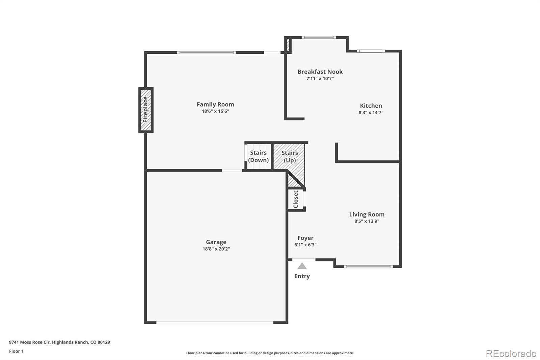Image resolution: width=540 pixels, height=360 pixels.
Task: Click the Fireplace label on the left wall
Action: (x=145, y=110)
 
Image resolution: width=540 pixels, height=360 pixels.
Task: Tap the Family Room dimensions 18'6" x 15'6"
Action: (x=215, y=111)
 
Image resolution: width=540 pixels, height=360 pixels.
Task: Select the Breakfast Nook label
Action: (x=320, y=72)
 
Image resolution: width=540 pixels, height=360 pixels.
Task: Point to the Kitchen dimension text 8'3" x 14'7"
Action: (x=371, y=113)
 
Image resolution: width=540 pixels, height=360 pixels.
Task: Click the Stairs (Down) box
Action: (x=259, y=156)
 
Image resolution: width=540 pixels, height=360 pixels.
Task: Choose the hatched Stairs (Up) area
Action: (x=290, y=156)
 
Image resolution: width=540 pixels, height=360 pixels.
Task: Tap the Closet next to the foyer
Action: (x=296, y=199)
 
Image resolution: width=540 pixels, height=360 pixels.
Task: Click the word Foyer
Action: (x=305, y=238)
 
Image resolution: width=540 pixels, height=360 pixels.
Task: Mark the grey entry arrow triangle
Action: (x=302, y=266)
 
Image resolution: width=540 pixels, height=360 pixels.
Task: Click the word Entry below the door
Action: (x=302, y=276)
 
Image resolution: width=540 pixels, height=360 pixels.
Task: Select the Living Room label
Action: (x=367, y=214)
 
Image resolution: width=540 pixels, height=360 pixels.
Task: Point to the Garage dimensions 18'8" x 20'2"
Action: (x=216, y=249)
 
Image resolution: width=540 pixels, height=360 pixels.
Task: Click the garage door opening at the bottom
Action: (x=215, y=323)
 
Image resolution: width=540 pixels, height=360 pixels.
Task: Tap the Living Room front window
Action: (x=368, y=267)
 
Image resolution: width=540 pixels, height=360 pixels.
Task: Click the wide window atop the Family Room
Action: (x=206, y=52)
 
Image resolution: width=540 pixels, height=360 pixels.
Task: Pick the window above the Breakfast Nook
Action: (x=319, y=37)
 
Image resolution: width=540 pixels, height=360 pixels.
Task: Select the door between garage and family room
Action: (x=232, y=171)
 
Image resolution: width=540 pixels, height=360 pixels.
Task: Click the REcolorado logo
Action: (x=511, y=354)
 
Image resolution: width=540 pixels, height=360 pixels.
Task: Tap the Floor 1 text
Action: (x=16, y=351)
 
